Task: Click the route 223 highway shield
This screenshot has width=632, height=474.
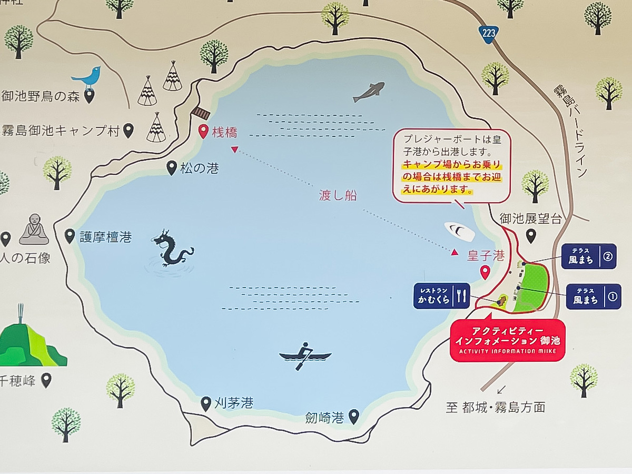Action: click(x=489, y=33)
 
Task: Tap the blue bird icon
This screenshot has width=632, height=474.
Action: click(x=87, y=78)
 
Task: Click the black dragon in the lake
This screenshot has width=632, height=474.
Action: click(x=172, y=249)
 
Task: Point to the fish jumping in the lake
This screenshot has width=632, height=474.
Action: click(x=369, y=91)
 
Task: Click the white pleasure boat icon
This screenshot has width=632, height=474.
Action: click(x=459, y=231)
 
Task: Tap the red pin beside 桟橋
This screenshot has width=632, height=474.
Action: click(x=203, y=132)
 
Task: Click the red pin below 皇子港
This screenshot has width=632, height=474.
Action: click(x=485, y=272)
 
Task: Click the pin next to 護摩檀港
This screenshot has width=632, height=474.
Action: click(x=70, y=236)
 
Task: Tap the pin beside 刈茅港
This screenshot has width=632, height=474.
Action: click(x=206, y=404)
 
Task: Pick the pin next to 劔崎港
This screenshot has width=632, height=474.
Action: click(x=353, y=417)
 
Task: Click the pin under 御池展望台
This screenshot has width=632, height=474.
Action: click(x=531, y=235)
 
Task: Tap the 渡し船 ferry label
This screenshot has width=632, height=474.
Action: click(x=338, y=195)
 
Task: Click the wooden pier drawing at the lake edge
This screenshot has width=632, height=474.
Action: click(x=201, y=112)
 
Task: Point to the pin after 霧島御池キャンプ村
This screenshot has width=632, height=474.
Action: click(x=129, y=130)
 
